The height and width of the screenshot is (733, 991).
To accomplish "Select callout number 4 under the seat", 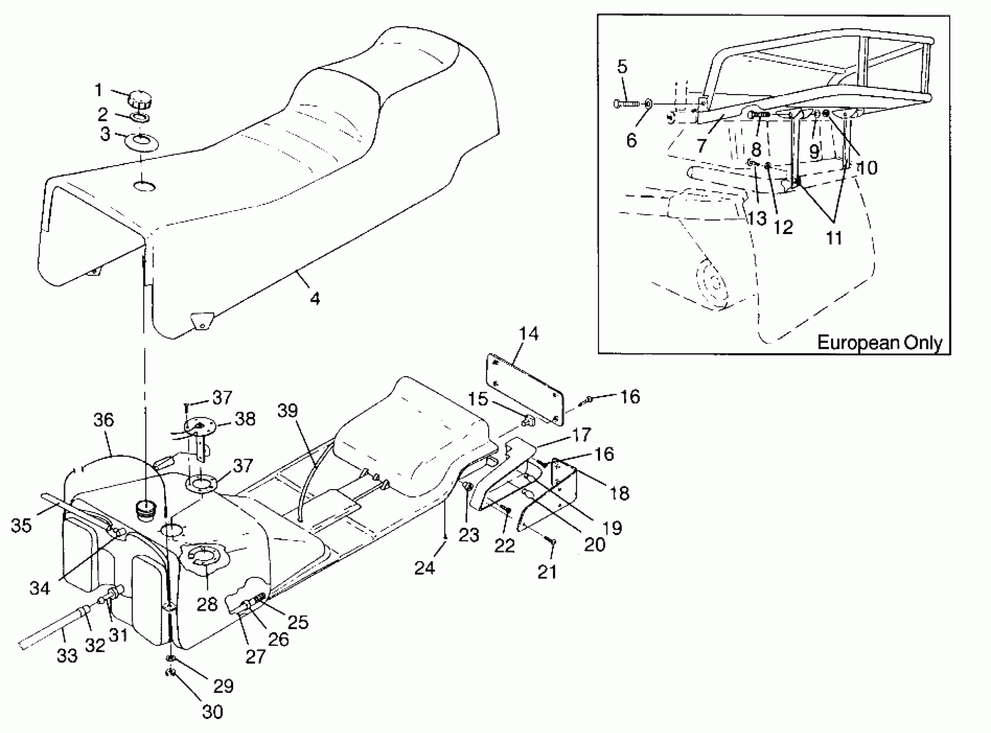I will coord(315,299).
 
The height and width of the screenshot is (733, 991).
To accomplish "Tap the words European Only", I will coord(879,342).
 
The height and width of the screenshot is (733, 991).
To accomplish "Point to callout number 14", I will coord(528,333).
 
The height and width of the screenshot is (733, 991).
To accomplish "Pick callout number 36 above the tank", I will coord(104,419).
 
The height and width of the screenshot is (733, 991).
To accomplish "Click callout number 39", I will coord(288,410).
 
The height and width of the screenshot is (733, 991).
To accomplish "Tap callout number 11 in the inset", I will coord(834,238).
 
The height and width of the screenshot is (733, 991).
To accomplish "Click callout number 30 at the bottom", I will coord(212,712).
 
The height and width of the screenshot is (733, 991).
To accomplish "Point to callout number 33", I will coord(67,655).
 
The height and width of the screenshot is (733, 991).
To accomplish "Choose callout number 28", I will coord(207,604).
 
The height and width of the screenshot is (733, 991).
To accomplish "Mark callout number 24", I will coord(425,567).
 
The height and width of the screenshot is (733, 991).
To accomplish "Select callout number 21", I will coord(547,572).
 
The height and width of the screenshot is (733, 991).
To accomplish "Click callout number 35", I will coord(21,525).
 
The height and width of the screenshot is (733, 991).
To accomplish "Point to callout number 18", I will coord(619,492).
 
